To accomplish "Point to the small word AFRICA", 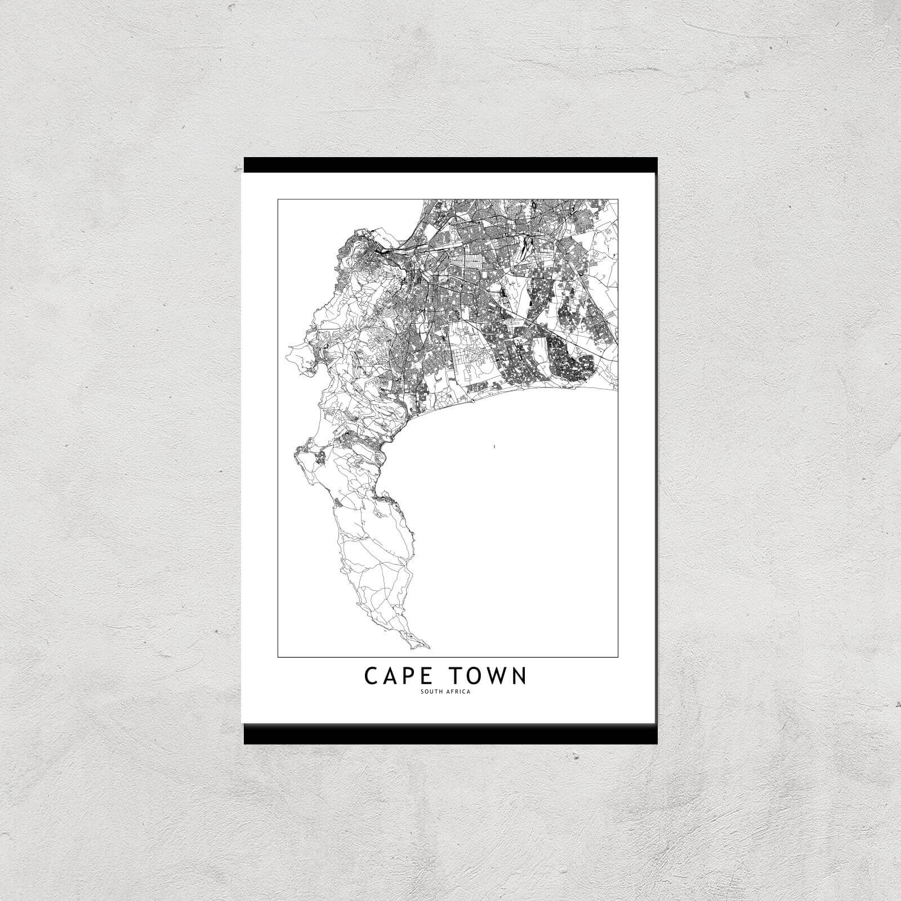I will (x=460, y=692).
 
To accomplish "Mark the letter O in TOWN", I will (x=475, y=676).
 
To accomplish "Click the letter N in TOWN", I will (x=519, y=676).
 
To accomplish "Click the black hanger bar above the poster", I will (x=450, y=165).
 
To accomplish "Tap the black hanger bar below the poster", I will (x=450, y=734).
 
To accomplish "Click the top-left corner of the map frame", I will (x=278, y=199).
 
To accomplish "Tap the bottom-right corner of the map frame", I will (x=618, y=657).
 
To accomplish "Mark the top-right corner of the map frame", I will (x=618, y=199).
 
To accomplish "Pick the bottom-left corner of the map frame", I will (x=278, y=657).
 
